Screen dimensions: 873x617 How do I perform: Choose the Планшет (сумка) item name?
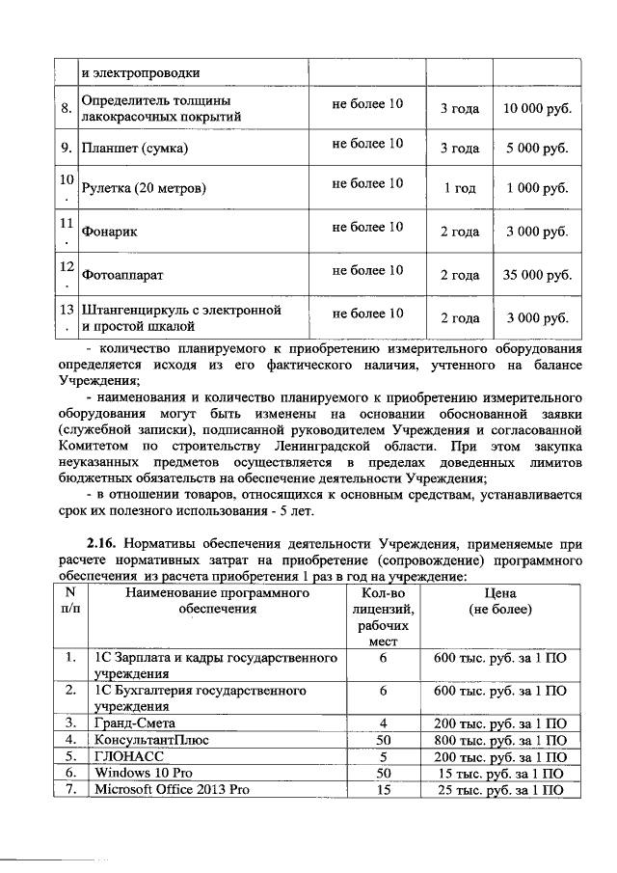click(135, 149)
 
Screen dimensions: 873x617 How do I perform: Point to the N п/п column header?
click(69, 603)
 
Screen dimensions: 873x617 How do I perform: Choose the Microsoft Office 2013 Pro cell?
click(171, 790)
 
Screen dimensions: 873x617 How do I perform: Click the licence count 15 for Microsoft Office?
click(383, 790)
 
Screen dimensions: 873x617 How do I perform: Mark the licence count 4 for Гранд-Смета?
click(383, 723)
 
